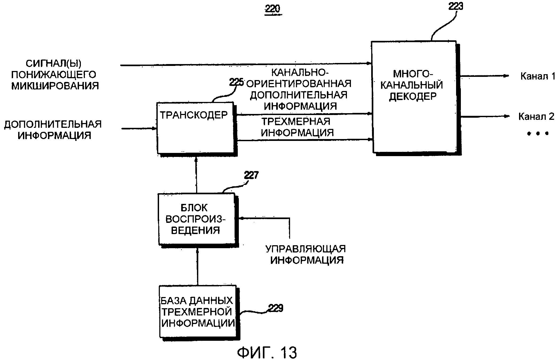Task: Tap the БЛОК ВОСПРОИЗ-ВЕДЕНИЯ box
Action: tap(197, 219)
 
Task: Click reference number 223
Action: tap(456, 6)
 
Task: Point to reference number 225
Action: tap(236, 82)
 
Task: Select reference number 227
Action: tap(251, 175)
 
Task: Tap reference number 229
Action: tap(275, 308)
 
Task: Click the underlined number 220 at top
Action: tap(273, 9)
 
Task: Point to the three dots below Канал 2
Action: tap(538, 133)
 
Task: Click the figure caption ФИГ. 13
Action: tap(267, 353)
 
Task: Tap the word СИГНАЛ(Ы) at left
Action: tap(53, 63)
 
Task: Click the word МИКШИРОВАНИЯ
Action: tap(55, 86)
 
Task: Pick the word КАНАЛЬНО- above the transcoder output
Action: tap(300, 72)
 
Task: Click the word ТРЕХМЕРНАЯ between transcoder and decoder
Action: tap(296, 122)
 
